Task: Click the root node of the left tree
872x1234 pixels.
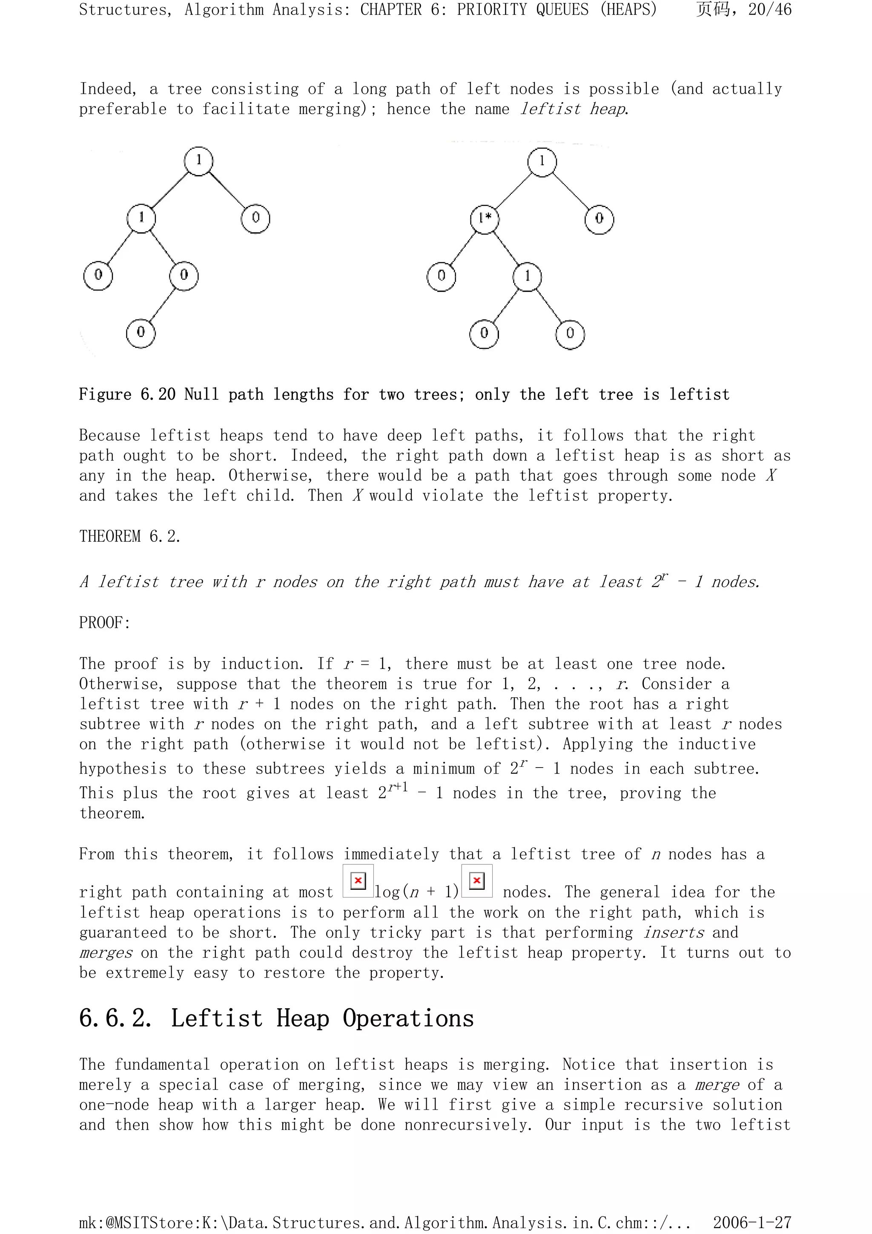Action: pyautogui.click(x=199, y=161)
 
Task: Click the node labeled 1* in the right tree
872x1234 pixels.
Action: pyautogui.click(x=485, y=219)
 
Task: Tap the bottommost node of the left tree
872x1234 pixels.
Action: pyautogui.click(x=141, y=333)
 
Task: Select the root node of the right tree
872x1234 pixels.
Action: pyautogui.click(x=542, y=161)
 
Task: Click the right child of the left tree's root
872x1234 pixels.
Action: pyautogui.click(x=256, y=218)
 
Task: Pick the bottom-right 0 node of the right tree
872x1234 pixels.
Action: pyautogui.click(x=570, y=334)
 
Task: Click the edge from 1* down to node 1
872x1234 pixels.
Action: pyautogui.click(x=506, y=248)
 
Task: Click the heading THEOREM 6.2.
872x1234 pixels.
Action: pyautogui.click(x=129, y=536)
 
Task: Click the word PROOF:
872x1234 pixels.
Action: pyautogui.click(x=105, y=622)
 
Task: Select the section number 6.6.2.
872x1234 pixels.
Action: pyautogui.click(x=115, y=1018)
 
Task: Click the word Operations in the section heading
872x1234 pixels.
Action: pyautogui.click(x=408, y=1018)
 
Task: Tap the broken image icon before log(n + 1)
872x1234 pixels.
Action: pyautogui.click(x=358, y=881)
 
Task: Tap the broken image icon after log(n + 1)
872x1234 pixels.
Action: pyautogui.click(x=476, y=881)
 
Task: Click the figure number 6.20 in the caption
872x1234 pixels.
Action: pyautogui.click(x=158, y=394)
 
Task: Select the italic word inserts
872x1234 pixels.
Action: pyautogui.click(x=674, y=932)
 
